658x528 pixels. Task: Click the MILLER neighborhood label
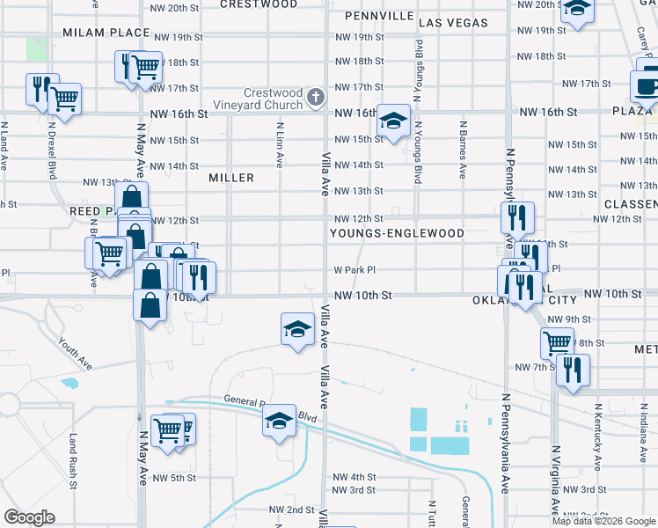pos(231,178)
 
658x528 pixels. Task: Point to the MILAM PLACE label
pos(106,33)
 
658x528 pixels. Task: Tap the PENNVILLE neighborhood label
pos(379,17)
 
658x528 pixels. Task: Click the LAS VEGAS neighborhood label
pos(453,22)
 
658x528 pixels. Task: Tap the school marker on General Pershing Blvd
pos(280,420)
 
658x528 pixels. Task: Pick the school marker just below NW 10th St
pos(297,329)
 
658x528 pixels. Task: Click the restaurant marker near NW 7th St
pos(573,370)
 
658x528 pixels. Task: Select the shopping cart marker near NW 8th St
pos(557,343)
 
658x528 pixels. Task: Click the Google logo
pos(30,517)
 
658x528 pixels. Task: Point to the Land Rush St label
pos(73,459)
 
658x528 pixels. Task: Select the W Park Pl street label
pos(355,271)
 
